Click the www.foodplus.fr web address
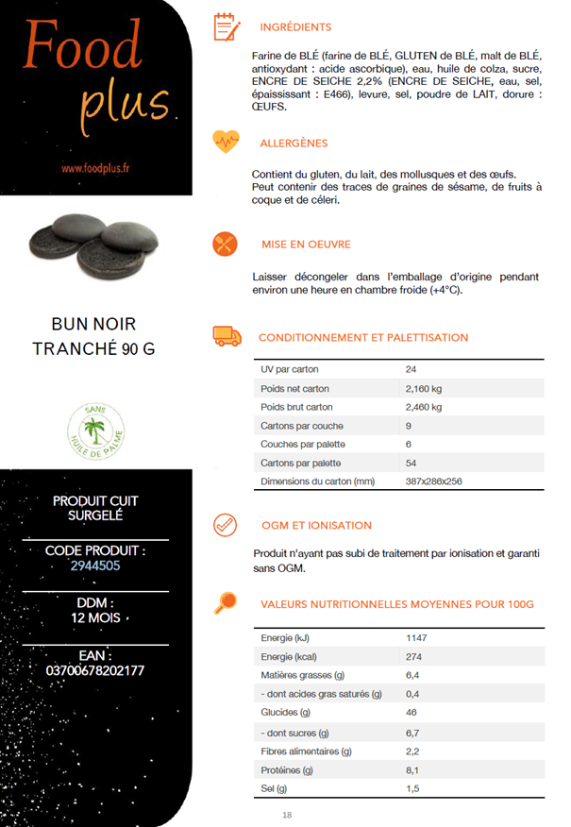pos(95,169)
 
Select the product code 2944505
pos(94,566)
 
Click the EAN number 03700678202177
pos(94,671)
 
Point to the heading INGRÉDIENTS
pos(295,27)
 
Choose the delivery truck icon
pos(227,336)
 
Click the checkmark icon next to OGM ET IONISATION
pos(226,524)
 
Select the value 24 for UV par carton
pos(411,370)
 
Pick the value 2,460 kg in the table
pos(424,407)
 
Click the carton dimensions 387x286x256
pos(433,481)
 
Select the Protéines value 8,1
pos(411,769)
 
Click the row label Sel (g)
pos(275,788)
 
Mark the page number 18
pos(288,815)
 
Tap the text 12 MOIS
pos(94,618)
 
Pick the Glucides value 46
pos(411,713)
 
